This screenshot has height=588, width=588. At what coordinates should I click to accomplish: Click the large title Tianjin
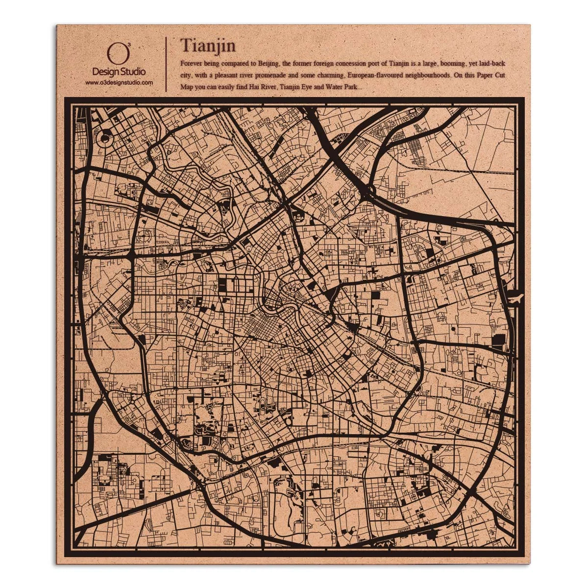[208, 45]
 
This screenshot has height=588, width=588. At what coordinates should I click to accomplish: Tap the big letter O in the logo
[118, 54]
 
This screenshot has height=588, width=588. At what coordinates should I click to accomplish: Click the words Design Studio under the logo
[119, 72]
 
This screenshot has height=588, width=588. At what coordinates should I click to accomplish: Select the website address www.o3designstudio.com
[119, 83]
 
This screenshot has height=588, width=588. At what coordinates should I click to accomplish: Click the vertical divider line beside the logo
[167, 64]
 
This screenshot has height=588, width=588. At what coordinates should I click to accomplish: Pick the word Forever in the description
[192, 64]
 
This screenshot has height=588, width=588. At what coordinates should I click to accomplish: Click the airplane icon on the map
[516, 297]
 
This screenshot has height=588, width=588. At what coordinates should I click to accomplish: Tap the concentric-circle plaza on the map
[104, 139]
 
